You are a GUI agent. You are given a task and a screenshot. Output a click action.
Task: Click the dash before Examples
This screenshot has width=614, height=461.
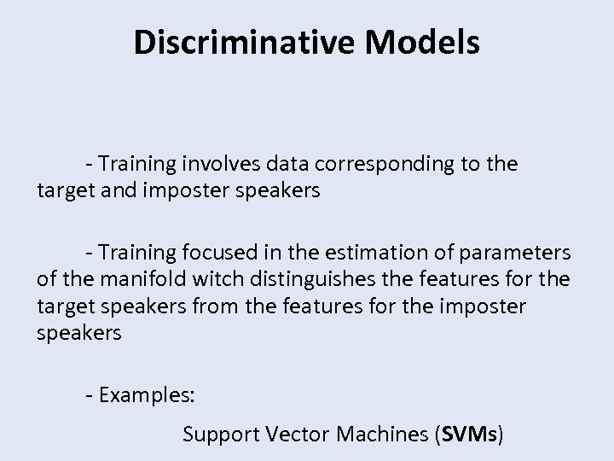pos(90,396)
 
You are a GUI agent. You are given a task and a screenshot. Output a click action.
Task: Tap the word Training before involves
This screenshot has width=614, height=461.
pos(136,164)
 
